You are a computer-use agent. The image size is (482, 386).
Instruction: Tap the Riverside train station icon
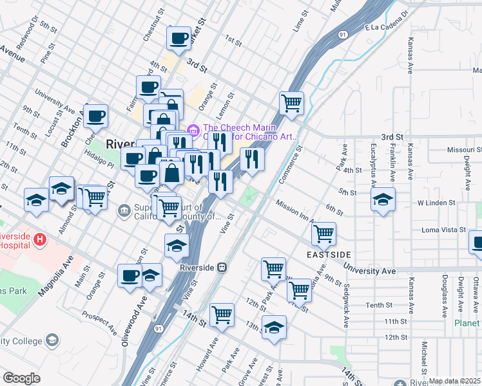[222, 267]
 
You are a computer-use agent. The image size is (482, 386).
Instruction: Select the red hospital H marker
[41, 239]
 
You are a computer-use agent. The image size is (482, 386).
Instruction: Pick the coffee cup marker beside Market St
[178, 38]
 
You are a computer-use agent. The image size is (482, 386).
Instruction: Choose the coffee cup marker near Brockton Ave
[95, 116]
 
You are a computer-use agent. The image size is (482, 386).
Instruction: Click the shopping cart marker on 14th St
[222, 315]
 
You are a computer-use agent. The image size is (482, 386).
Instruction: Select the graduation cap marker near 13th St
[274, 327]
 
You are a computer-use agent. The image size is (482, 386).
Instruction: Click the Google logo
[22, 378]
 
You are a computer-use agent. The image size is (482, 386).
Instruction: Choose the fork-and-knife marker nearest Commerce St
[252, 159]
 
